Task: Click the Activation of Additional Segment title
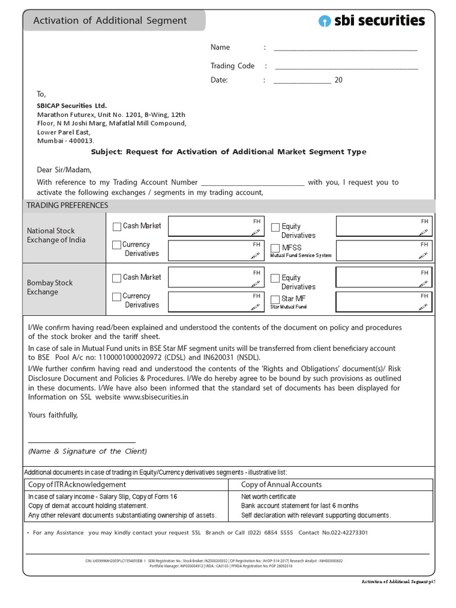(110, 21)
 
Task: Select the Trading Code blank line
(346, 67)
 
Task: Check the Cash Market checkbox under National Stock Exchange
(117, 226)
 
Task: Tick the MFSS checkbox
(275, 248)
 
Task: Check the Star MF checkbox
(275, 299)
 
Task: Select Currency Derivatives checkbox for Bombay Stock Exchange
(117, 296)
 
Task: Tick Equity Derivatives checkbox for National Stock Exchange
(275, 227)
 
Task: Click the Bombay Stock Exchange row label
(50, 287)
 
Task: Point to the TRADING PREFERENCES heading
(68, 205)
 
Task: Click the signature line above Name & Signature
(82, 442)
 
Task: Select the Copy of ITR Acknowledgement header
(77, 484)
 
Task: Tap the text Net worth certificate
(268, 496)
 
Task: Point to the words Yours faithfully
(53, 415)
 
